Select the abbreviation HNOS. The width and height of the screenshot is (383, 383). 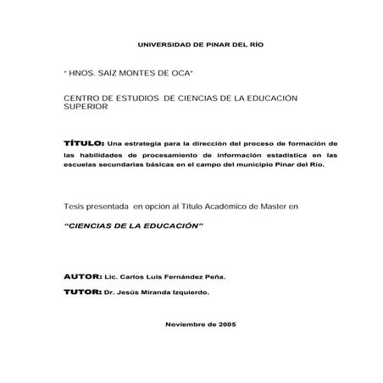coord(86,74)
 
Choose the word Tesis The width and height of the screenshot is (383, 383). coord(75,207)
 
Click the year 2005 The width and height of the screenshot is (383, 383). coord(226,325)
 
